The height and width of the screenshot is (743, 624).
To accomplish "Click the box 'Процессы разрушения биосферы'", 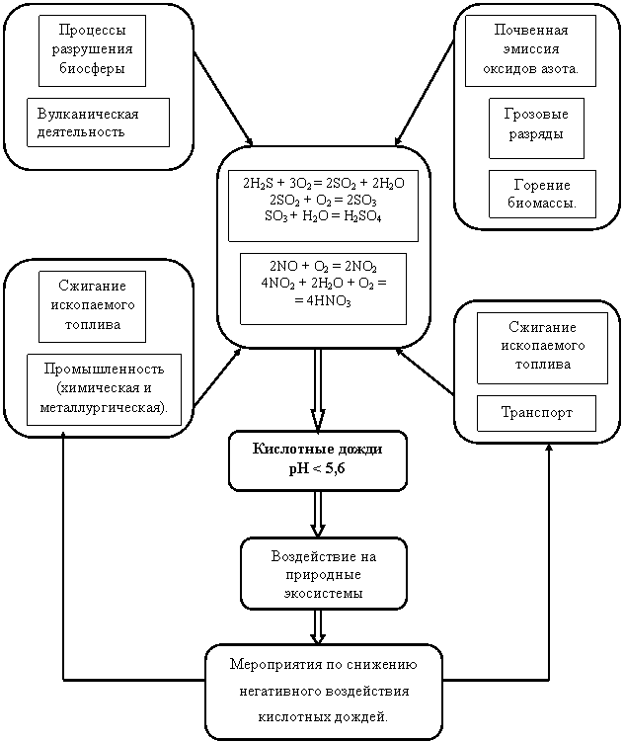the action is [93, 50].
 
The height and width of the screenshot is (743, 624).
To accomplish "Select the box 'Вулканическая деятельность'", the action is [98, 123].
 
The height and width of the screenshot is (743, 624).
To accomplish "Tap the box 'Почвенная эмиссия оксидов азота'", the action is [530, 50].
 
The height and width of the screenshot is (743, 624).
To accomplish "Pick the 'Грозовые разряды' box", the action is [536, 127].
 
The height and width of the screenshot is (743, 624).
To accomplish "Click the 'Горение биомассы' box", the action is [542, 194].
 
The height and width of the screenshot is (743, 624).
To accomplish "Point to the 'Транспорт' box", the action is [536, 413].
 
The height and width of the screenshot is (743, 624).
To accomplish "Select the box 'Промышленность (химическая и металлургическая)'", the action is [104, 389].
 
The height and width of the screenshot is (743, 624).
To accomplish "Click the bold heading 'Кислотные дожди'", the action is [317, 449].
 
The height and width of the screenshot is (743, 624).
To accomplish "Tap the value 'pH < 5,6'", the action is [317, 468].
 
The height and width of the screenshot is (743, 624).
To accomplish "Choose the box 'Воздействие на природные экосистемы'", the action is [324, 573].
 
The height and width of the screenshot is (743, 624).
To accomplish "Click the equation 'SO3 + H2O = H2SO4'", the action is [323, 216].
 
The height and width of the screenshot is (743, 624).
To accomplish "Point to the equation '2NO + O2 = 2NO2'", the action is [324, 267].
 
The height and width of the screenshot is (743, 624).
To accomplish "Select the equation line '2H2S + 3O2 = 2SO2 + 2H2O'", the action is [324, 184].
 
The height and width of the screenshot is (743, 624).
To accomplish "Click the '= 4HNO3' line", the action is [323, 301].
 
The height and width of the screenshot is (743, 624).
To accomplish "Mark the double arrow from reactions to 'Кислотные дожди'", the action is [318, 389].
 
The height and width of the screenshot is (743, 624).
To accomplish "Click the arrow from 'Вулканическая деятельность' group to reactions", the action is [223, 98].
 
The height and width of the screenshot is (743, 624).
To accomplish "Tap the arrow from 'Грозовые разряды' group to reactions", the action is [425, 93].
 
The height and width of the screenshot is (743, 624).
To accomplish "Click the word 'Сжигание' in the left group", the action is [93, 286].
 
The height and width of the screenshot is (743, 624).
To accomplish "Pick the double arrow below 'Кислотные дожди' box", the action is [318, 514].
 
